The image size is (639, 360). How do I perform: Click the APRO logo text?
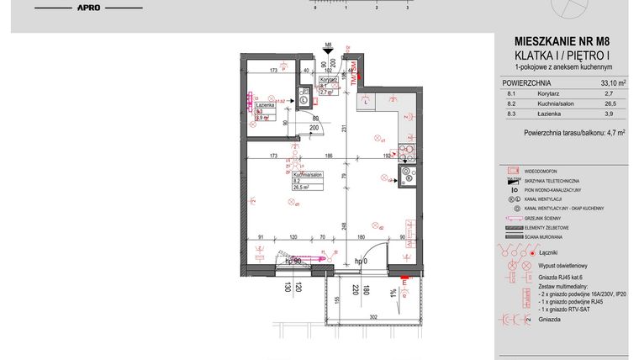click(89, 8)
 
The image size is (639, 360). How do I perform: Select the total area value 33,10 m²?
click(613, 83)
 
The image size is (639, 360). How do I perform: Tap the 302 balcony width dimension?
click(372, 317)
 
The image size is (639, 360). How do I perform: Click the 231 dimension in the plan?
click(346, 127)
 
